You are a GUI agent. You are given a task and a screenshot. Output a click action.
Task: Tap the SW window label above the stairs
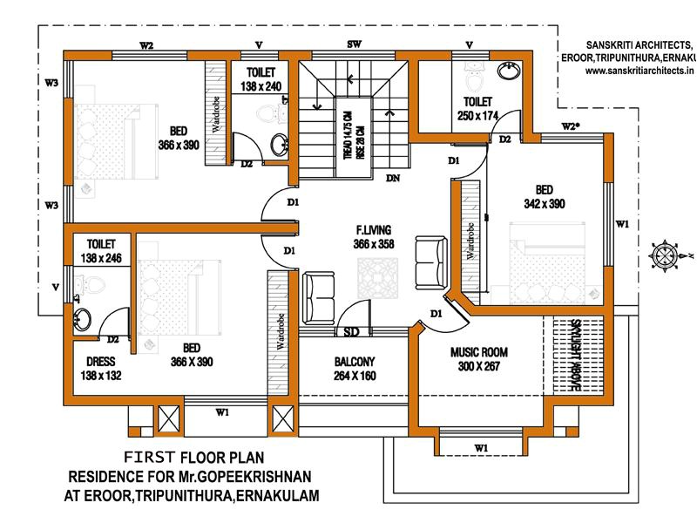355,44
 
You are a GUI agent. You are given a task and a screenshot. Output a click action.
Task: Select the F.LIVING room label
374,230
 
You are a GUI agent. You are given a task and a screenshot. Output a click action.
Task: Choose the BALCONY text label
354,362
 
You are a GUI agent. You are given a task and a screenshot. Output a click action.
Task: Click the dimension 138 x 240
261,87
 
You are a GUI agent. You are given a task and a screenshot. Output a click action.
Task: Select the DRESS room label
102,362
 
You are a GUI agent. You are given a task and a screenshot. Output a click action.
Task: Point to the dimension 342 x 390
543,203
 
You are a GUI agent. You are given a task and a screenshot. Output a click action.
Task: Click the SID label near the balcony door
352,332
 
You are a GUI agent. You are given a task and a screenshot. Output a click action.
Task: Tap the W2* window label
571,126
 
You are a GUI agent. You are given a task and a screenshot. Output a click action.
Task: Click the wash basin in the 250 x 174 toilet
508,71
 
